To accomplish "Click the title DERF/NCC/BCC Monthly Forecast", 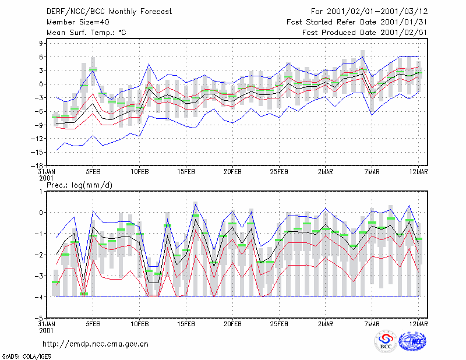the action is [109, 12].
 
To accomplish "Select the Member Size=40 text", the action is [78, 22].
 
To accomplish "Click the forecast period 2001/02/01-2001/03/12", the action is [377, 12].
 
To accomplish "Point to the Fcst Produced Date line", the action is [365, 33].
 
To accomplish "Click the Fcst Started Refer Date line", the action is [357, 22].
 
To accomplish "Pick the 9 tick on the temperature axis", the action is [41, 44].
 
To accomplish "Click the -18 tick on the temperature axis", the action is [37, 165].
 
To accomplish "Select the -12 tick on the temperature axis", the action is [37, 139].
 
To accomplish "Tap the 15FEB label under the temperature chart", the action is [186, 172].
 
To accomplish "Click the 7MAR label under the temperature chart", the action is [372, 172].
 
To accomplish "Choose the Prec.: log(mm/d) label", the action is [79, 185].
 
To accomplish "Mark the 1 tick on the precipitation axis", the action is [41, 192].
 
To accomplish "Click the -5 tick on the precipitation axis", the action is [39, 318].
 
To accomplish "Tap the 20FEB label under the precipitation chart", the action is [232, 324].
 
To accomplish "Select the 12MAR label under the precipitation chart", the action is [418, 324].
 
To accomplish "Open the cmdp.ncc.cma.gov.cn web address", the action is [96, 344].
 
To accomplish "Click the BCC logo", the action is [386, 342].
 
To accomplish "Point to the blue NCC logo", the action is [412, 341].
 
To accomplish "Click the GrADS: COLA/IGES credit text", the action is [26, 357].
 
